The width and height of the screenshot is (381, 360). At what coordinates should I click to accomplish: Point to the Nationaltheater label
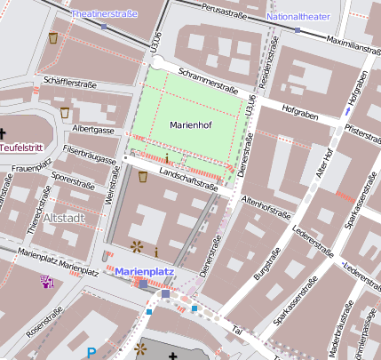point(299,17)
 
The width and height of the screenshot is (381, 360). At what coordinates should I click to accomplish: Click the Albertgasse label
point(94,130)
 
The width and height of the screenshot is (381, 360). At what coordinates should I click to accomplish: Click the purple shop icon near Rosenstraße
point(47,282)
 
